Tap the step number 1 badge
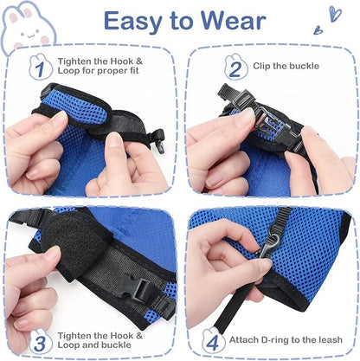[x=37, y=68]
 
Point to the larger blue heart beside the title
[x=334, y=14]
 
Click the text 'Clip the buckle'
[x=287, y=65]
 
